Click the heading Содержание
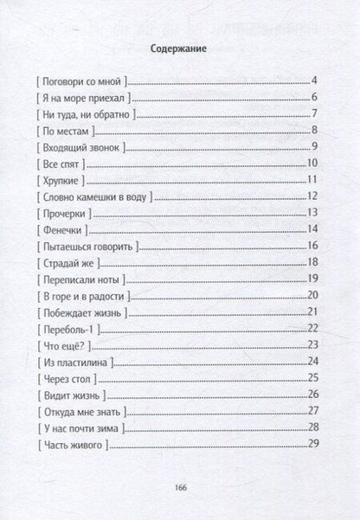(180, 50)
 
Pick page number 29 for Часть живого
(315, 443)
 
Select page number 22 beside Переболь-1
(315, 328)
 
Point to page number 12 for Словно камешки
(315, 197)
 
